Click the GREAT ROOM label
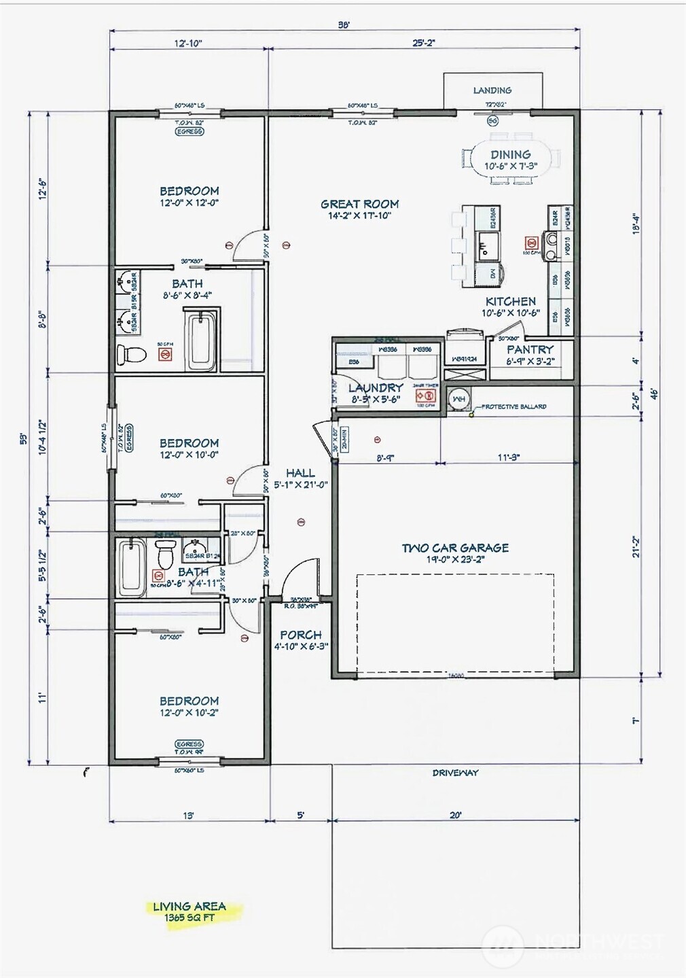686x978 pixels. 359,204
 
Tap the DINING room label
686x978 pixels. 510,155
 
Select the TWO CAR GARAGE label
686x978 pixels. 455,548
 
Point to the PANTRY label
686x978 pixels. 530,349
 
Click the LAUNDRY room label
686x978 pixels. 375,388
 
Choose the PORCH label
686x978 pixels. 301,635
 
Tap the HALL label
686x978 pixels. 300,473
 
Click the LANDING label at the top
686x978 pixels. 492,90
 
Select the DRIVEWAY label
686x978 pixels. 455,773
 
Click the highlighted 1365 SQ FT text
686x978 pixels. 189,918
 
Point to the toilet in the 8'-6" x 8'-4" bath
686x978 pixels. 132,354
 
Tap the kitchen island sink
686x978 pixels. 487,242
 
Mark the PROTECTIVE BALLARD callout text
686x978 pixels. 514,406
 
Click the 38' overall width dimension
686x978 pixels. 344,25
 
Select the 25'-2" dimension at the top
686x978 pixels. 424,43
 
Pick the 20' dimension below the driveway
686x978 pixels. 455,815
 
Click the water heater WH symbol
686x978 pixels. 459,398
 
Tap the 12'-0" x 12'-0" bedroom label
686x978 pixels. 189,196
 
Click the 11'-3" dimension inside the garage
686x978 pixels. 508,457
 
